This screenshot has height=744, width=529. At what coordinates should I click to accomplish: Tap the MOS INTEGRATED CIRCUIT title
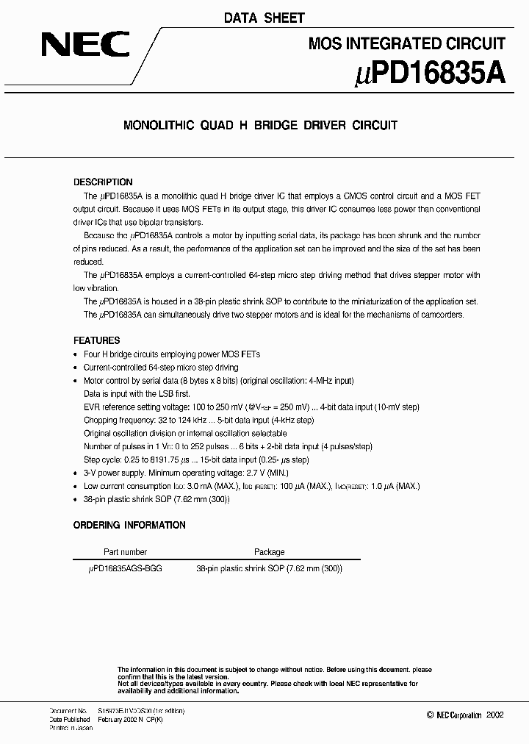point(406,44)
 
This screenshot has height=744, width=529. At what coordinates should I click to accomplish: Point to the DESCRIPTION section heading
point(103,182)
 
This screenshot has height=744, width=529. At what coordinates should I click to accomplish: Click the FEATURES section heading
point(96,341)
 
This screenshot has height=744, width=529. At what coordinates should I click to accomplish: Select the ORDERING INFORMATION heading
point(129,525)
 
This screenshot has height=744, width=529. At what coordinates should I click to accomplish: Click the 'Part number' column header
point(124,551)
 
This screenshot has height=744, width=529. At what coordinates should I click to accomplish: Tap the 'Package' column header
point(269,551)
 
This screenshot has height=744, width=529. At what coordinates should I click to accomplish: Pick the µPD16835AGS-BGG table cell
point(124,568)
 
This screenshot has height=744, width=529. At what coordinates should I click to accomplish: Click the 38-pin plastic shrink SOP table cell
point(269,568)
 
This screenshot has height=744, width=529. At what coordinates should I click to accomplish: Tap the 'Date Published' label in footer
point(70,720)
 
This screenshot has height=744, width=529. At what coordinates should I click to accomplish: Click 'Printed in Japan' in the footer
point(71,728)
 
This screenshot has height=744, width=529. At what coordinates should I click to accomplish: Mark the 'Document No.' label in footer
point(68,711)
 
